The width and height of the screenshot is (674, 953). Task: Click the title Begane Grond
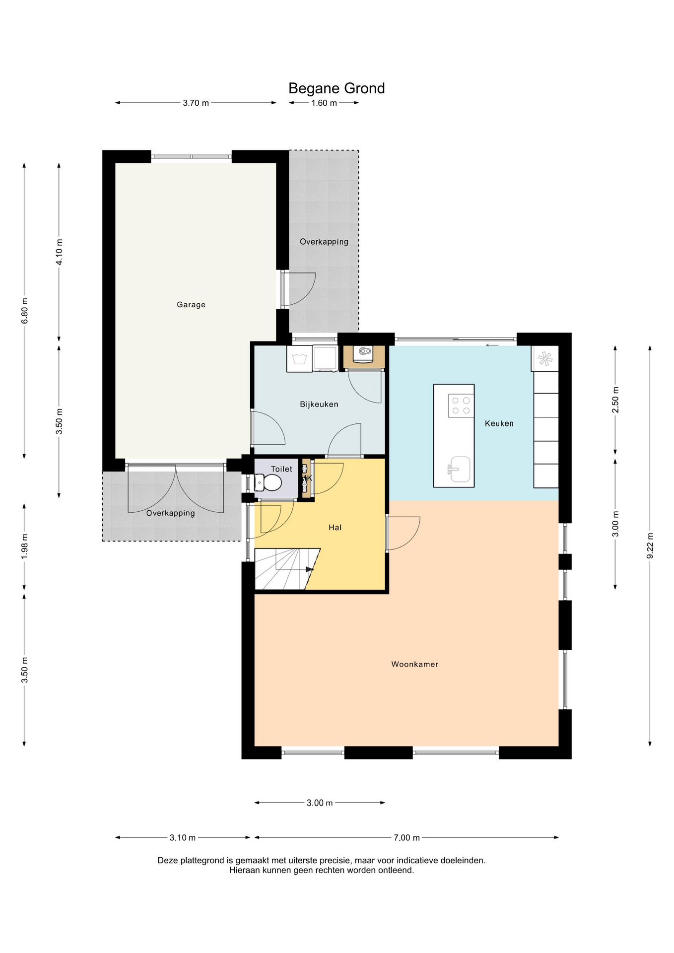337,88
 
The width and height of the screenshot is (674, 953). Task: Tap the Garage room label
191,305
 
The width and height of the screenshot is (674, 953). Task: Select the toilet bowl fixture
268,482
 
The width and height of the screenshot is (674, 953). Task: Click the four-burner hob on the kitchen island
461,406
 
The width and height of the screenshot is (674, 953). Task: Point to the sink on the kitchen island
460,469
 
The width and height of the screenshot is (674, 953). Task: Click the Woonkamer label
415,664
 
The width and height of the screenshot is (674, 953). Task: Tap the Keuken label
499,423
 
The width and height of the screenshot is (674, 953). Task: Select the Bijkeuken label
319,404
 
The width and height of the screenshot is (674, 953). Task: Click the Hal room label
335,528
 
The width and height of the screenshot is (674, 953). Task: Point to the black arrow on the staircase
310,569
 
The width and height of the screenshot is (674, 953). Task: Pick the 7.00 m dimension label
407,838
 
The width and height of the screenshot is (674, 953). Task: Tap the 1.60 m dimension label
324,103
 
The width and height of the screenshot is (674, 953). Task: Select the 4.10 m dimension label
59,252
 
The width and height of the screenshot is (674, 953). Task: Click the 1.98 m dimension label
24,547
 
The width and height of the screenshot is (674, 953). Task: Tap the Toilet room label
281,469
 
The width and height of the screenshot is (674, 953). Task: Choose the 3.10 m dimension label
183,838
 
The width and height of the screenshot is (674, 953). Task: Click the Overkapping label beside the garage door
170,513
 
